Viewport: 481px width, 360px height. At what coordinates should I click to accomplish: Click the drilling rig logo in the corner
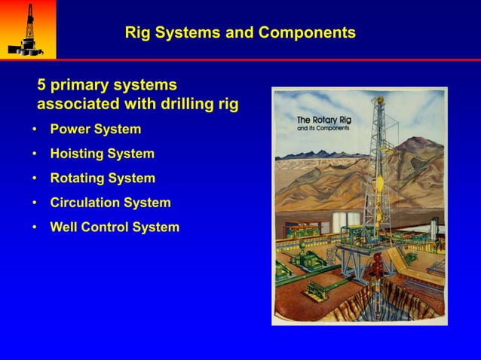[x=27, y=29]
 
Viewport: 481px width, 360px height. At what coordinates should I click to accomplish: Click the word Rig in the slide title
[x=137, y=33]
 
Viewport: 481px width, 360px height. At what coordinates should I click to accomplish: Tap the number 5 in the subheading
[x=42, y=84]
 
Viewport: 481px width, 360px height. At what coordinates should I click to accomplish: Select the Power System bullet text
[x=95, y=130]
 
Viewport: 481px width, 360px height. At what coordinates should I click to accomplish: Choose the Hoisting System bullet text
[x=102, y=154]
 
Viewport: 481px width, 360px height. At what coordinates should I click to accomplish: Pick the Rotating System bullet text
[x=103, y=178]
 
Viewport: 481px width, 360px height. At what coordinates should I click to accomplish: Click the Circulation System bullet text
[x=110, y=203]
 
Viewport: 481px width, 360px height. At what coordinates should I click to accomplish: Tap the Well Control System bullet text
[x=115, y=227]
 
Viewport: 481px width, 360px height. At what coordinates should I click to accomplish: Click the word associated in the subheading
[x=72, y=104]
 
